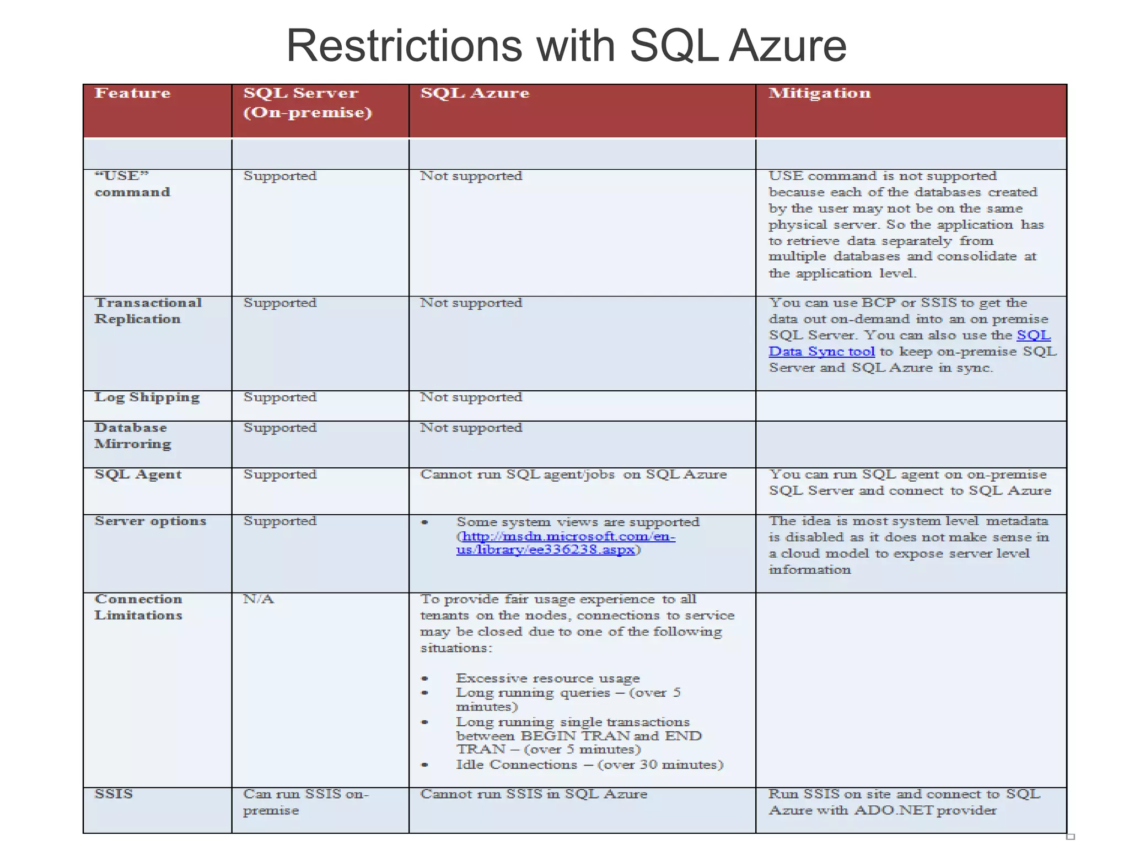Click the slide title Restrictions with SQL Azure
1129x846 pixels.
566,46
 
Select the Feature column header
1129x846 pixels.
132,93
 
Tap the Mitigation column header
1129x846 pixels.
819,93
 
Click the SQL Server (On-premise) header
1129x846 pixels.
308,103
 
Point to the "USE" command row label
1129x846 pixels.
132,184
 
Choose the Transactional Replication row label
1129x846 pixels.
148,311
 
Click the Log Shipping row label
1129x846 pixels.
147,398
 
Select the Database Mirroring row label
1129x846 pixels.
132,436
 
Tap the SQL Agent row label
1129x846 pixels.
138,475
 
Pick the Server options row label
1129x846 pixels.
150,521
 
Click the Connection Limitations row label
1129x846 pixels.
138,607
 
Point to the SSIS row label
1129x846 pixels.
114,794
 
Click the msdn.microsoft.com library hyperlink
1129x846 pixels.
566,543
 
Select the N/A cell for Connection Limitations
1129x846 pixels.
259,599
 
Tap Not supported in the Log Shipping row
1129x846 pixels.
471,397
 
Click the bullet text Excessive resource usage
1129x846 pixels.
547,678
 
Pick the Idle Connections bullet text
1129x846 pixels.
589,765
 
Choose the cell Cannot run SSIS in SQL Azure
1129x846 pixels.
533,794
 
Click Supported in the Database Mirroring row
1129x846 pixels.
280,428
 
